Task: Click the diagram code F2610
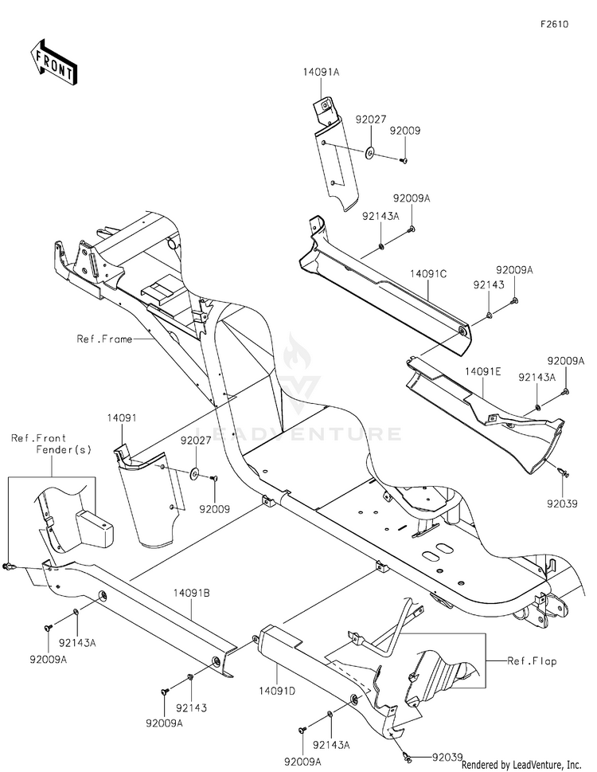click(554, 24)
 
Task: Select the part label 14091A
click(321, 72)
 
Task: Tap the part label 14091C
click(429, 274)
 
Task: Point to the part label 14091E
click(483, 372)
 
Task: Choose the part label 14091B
click(191, 594)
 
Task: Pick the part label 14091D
click(277, 692)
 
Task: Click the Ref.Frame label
click(104, 339)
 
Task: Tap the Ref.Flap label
click(532, 661)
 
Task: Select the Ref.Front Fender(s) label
click(51, 444)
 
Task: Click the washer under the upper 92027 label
click(370, 151)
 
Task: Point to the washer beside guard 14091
click(195, 474)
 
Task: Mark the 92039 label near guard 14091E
click(563, 504)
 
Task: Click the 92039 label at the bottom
click(447, 757)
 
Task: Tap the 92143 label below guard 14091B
click(191, 708)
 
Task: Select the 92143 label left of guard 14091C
click(489, 284)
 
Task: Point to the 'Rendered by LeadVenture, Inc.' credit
click(521, 765)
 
